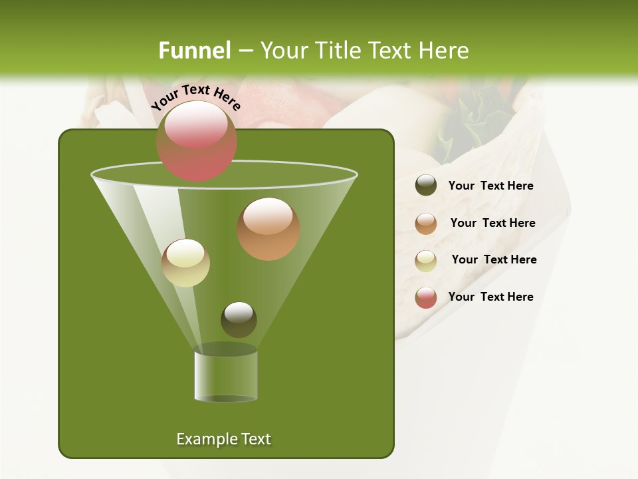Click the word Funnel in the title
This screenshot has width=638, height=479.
tap(195, 51)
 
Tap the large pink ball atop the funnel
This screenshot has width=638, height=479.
tap(196, 141)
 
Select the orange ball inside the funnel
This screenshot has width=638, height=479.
tap(268, 229)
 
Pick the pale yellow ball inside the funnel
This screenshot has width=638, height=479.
tap(185, 263)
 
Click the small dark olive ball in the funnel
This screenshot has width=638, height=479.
tap(239, 319)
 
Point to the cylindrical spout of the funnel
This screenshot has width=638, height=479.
tap(225, 377)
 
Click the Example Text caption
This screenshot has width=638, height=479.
tap(223, 439)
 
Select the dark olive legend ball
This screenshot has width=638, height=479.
tap(426, 186)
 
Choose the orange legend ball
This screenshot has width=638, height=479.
tap(426, 224)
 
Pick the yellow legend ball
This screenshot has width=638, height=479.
tap(426, 260)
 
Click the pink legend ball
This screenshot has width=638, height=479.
tap(426, 297)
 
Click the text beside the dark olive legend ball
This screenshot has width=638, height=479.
tap(490, 186)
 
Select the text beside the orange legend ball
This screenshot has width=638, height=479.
tap(492, 224)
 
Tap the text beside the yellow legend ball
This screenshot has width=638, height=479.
tap(494, 260)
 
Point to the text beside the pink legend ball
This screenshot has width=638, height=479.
tap(490, 297)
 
